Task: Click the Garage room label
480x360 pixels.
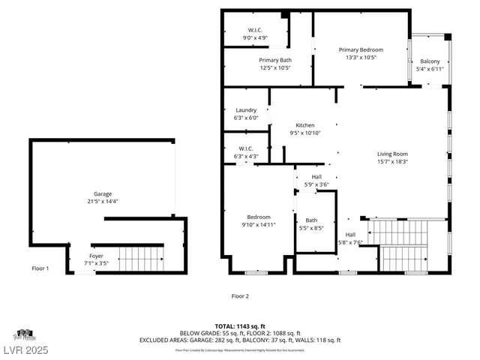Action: [x=103, y=193]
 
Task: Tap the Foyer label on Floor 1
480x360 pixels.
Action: [x=97, y=256]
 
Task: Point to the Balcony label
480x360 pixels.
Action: [x=430, y=61]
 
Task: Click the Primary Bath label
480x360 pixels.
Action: [x=275, y=60]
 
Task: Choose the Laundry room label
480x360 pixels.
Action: [x=246, y=110]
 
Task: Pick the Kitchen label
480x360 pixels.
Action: [x=304, y=125]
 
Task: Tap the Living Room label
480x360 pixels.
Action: [x=391, y=154]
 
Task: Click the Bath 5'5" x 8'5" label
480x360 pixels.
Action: [x=310, y=220]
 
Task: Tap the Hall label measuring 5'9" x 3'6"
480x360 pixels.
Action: [x=316, y=176]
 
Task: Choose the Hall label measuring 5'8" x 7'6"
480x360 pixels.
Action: [x=350, y=235]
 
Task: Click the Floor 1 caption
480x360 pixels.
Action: [x=40, y=268]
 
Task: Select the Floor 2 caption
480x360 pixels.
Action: [x=240, y=295]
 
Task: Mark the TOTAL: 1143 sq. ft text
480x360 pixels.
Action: [x=240, y=325]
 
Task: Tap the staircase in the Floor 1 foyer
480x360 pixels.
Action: [x=141, y=259]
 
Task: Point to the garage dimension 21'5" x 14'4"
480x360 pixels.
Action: [x=103, y=201]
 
